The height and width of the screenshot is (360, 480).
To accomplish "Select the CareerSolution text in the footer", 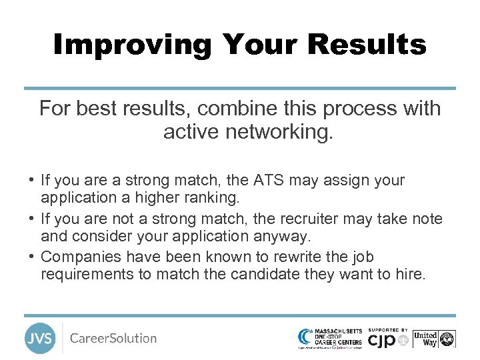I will [113, 338].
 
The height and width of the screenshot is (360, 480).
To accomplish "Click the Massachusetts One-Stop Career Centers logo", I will [331, 338].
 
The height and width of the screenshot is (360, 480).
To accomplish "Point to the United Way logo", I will [434, 339].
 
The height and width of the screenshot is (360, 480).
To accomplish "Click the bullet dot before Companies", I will [31, 257].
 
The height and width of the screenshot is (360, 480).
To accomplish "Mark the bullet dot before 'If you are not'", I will [31, 219].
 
